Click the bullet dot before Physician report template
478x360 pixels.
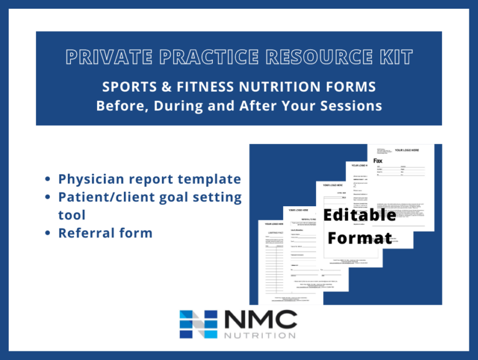tap(49, 180)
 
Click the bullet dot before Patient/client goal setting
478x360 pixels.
tap(49, 197)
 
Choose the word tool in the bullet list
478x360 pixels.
tap(71, 215)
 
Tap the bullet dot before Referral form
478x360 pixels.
tap(49, 234)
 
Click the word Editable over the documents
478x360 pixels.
tap(360, 215)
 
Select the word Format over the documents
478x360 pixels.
tap(360, 238)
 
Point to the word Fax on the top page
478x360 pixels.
tap(378, 161)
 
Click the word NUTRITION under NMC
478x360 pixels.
tap(257, 335)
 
